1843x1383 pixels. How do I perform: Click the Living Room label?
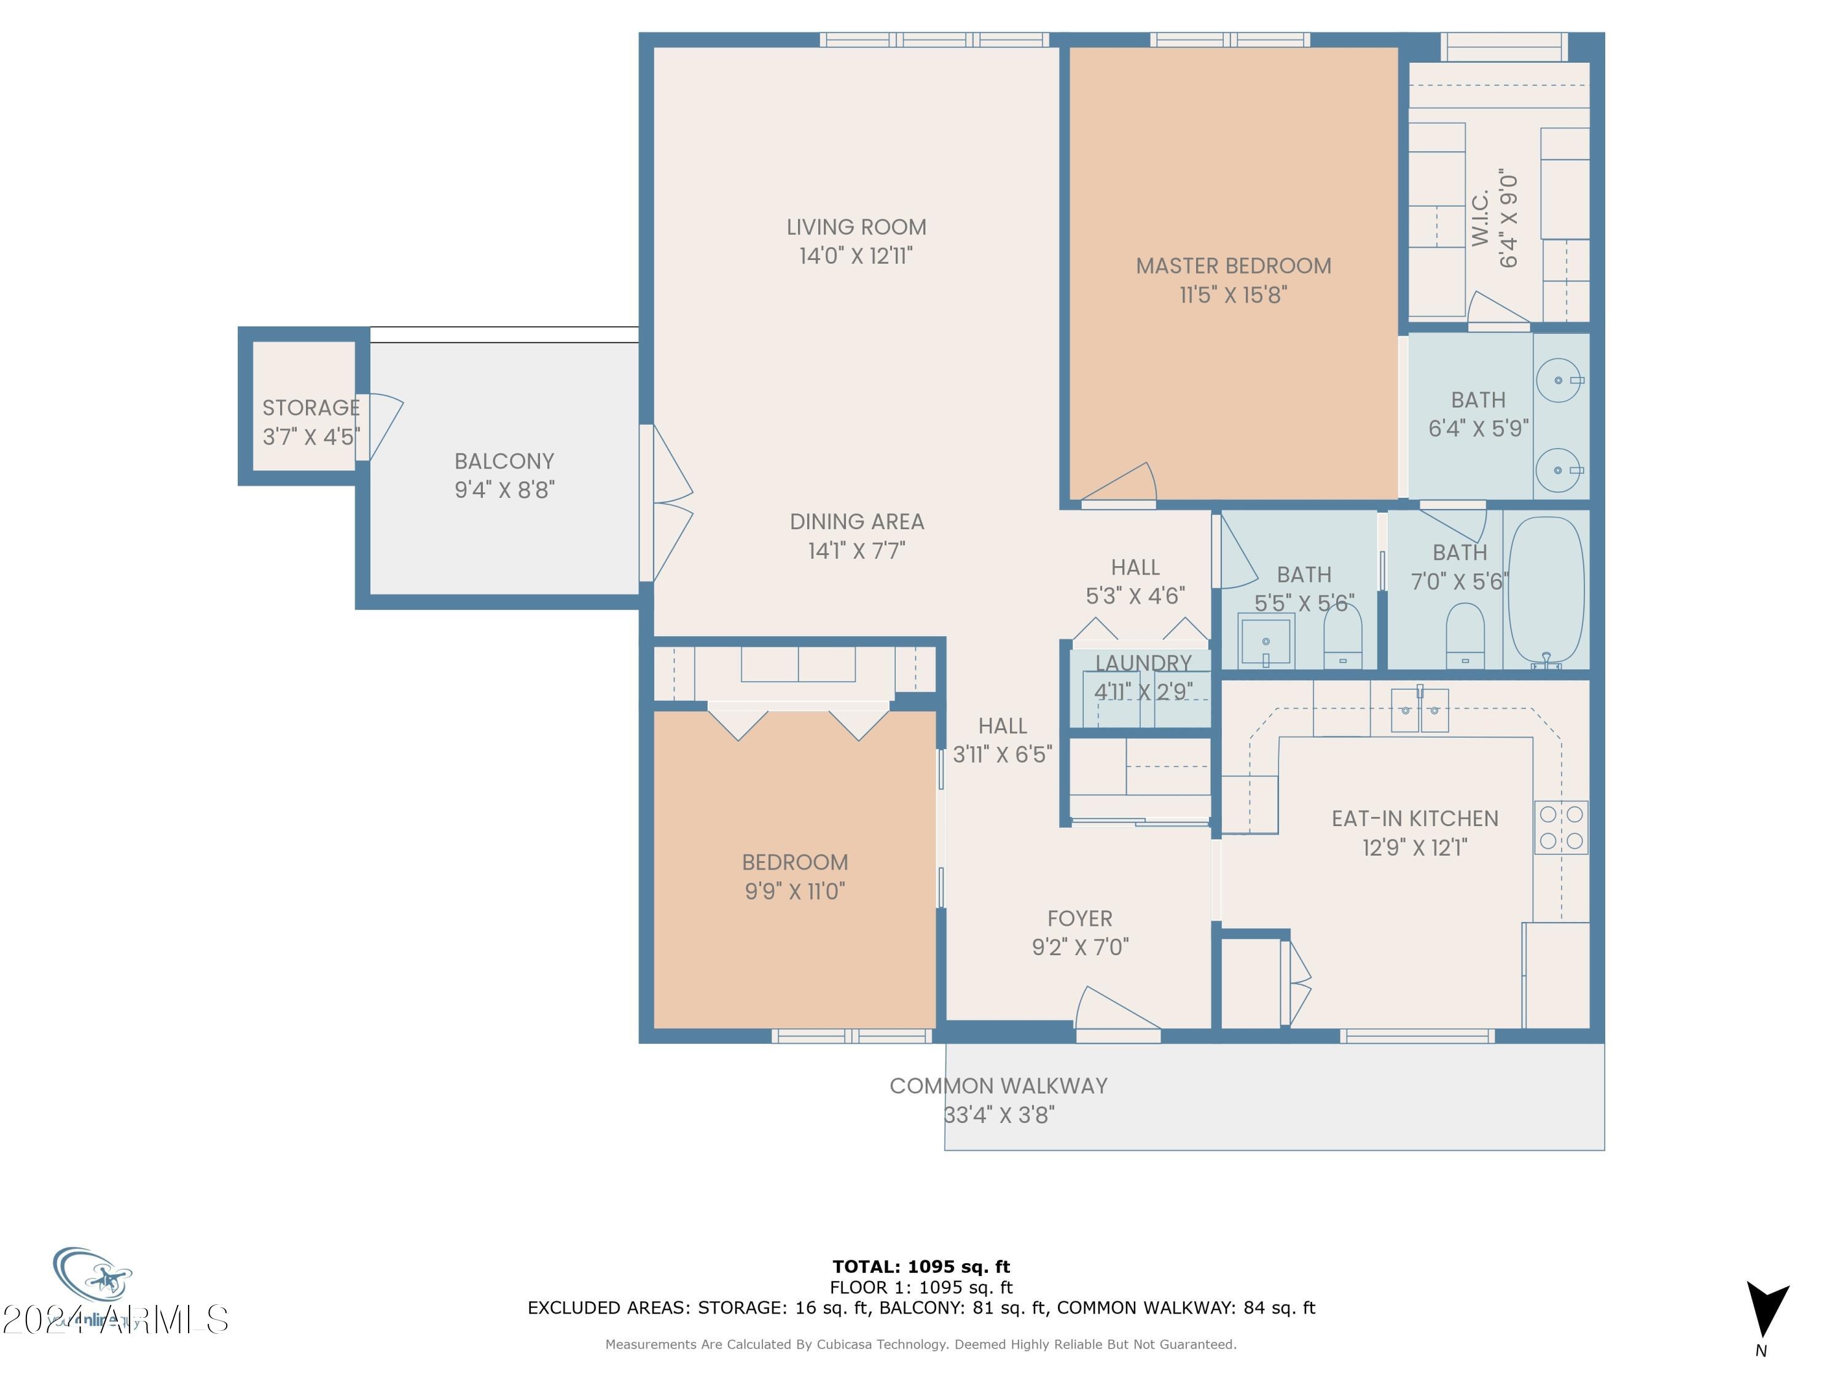pyautogui.click(x=856, y=227)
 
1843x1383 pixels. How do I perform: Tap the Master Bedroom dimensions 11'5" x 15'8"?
pyautogui.click(x=1233, y=295)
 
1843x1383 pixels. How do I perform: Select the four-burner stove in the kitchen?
pyautogui.click(x=1560, y=827)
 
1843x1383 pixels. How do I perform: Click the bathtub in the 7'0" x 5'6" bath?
pyautogui.click(x=1546, y=589)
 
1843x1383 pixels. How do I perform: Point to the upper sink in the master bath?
pyautogui.click(x=1558, y=380)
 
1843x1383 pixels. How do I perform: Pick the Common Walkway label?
pyautogui.click(x=998, y=1086)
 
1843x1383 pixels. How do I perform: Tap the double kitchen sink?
pyautogui.click(x=1420, y=711)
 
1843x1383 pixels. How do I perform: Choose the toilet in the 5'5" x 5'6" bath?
pyautogui.click(x=1342, y=638)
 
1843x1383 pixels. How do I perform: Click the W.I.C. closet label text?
pyautogui.click(x=1481, y=218)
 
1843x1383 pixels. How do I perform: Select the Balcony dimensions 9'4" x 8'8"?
pyautogui.click(x=504, y=490)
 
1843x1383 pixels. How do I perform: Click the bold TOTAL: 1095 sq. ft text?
pyautogui.click(x=921, y=1267)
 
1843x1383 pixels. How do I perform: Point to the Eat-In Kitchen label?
pyautogui.click(x=1415, y=819)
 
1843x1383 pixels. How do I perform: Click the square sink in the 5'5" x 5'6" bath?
pyautogui.click(x=1266, y=640)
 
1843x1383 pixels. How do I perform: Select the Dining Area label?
pyautogui.click(x=856, y=522)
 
